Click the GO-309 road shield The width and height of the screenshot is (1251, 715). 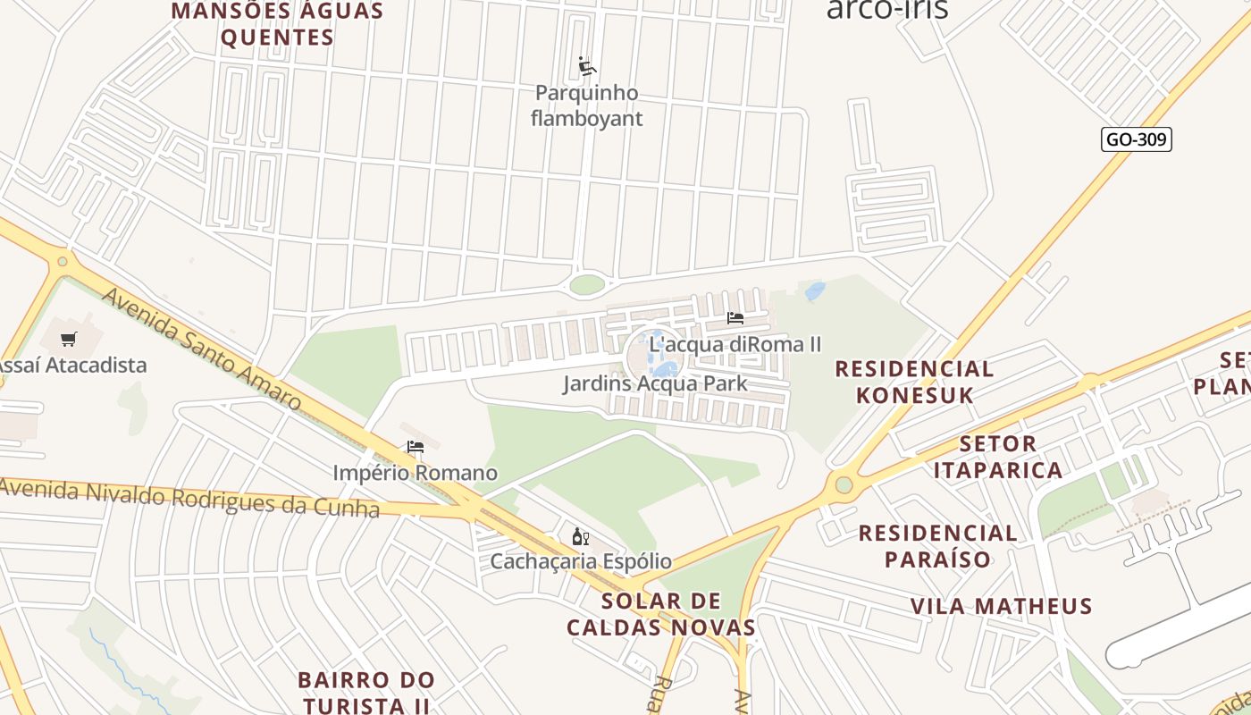pos(1136,139)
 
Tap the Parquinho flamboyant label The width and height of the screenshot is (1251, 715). pos(587,105)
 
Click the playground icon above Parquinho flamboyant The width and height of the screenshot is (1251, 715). pos(587,66)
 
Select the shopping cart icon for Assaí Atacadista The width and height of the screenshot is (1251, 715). pos(69,339)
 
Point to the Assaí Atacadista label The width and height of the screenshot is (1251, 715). pos(71,365)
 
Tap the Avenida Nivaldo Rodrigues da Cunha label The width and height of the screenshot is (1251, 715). pos(189,498)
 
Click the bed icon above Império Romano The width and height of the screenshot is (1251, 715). pos(415,446)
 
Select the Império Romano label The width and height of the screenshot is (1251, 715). pos(415,472)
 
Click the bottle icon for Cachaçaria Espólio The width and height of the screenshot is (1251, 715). pos(581,536)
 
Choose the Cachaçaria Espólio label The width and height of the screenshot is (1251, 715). pos(581,561)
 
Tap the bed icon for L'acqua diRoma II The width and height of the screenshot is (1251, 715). pos(735,318)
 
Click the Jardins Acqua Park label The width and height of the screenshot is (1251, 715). pos(655,383)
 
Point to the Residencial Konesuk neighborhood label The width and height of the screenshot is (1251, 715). pos(914,382)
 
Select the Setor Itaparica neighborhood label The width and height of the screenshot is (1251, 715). pos(998,457)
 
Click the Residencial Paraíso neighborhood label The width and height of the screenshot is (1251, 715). pos(937,546)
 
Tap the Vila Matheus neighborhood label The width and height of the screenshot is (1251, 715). pos(1001,606)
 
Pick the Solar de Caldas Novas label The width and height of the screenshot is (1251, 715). pos(661,613)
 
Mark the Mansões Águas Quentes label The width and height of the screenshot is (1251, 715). pos(277,24)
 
